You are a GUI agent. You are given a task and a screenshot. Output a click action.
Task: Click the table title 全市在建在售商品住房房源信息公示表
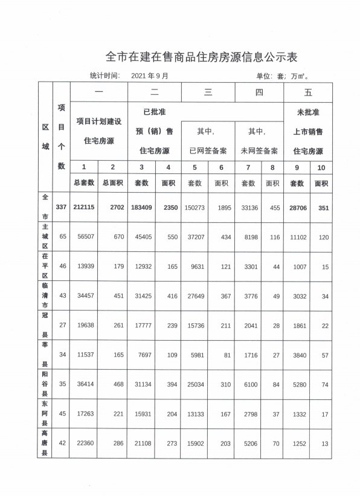click(x=202, y=57)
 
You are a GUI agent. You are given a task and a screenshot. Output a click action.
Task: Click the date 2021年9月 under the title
click(x=149, y=76)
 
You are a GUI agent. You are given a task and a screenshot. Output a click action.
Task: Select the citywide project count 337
click(x=61, y=207)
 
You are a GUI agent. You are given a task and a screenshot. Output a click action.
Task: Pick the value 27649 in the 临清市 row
click(x=195, y=296)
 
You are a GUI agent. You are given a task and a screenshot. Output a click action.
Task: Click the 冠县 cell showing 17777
click(x=142, y=326)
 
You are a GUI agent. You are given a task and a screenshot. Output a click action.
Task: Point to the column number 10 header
click(x=321, y=167)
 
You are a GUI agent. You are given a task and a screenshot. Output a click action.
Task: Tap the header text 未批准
click(x=307, y=112)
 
